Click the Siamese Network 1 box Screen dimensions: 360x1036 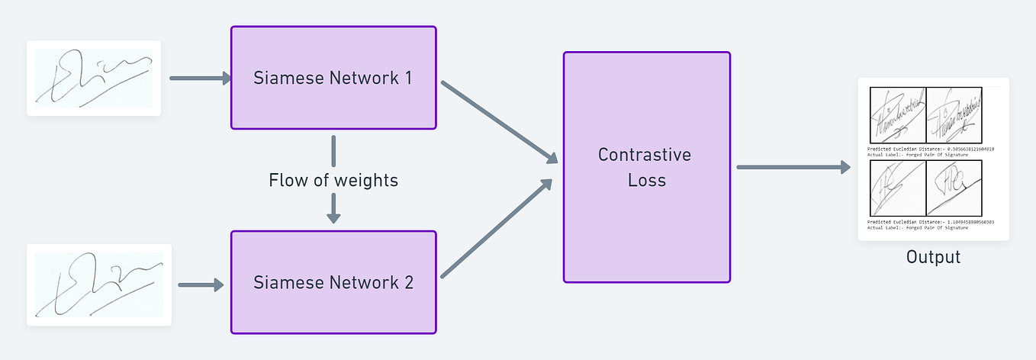333,78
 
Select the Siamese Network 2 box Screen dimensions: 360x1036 333,282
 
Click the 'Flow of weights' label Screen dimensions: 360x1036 333,181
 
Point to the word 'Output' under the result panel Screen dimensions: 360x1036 933,257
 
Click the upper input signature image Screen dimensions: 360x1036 94,78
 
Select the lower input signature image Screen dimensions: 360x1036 99,284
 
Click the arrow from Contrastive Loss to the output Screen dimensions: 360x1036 793,167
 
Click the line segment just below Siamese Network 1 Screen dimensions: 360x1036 333,151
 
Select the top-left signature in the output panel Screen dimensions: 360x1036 897,115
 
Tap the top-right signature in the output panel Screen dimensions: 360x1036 952,115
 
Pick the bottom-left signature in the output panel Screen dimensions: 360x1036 897,188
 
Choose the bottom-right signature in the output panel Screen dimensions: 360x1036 952,188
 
